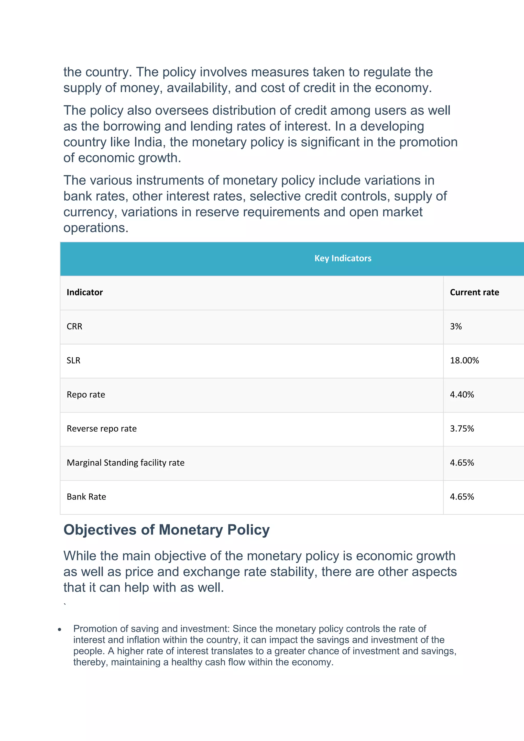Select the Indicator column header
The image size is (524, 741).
coord(84,292)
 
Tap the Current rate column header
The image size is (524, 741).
coord(474,292)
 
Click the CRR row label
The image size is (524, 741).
coord(74,326)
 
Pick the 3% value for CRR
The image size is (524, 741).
coord(456,326)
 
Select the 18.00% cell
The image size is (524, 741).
coord(464,361)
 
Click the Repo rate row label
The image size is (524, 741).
coord(86,395)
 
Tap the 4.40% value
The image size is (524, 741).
coord(462,395)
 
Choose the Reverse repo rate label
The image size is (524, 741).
coord(102,429)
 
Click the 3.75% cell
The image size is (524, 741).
coord(462,429)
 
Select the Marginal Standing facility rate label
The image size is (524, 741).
coord(126,463)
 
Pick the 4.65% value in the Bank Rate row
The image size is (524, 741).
coord(462,497)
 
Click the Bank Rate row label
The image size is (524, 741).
coord(86,497)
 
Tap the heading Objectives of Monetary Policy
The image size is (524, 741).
coord(167,530)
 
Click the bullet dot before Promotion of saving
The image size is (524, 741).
coord(60,629)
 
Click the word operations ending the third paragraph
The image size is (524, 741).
coord(96,228)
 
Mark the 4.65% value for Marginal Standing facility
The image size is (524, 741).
coord(462,463)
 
